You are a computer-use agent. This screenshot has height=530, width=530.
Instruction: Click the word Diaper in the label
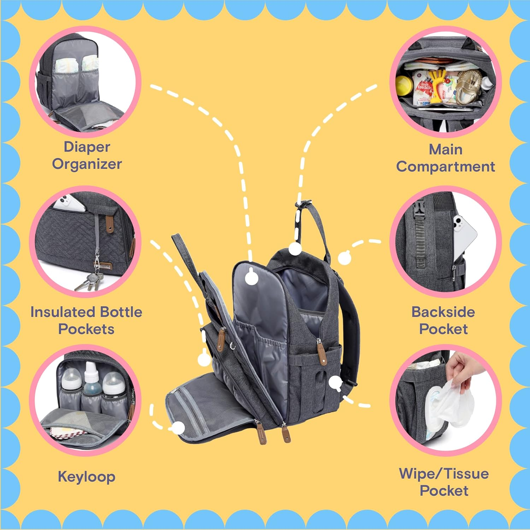pos(87,147)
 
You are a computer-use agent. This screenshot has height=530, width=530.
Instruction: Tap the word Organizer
pos(87,164)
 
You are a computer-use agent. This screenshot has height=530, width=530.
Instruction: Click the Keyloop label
pos(87,477)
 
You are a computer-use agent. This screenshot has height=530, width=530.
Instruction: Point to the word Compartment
pos(445,166)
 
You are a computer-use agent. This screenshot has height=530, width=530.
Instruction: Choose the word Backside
pos(443,312)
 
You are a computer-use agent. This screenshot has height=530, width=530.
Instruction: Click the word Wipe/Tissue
pos(444,474)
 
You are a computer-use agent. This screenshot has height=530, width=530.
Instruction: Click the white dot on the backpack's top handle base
pos(295,249)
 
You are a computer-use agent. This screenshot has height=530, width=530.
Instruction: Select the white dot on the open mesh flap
pos(179,428)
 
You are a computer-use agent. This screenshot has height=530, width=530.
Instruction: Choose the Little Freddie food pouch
pos(424,88)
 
